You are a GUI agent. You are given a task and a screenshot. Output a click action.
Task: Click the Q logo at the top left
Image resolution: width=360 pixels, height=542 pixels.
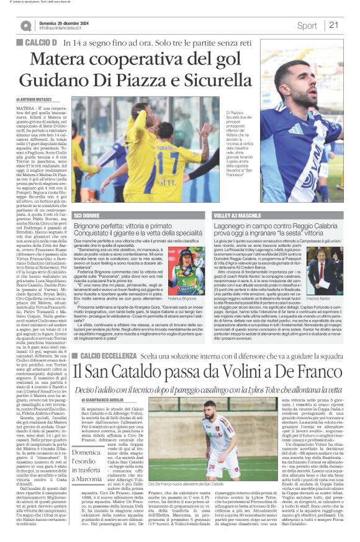click(x=25, y=25)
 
